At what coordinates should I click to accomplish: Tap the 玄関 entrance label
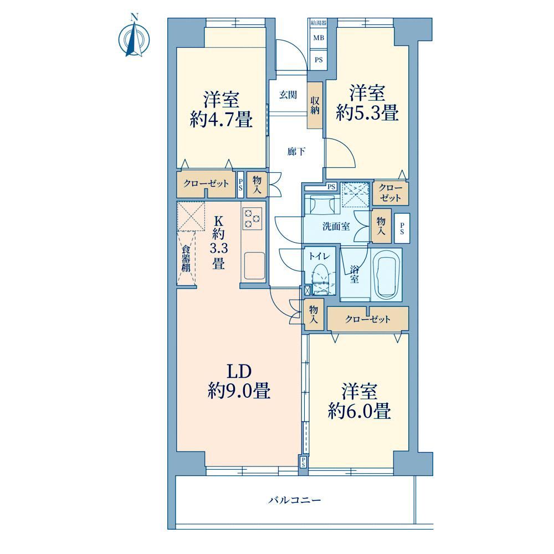[288, 95]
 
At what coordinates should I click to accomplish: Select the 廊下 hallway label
[296, 152]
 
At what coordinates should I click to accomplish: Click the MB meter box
[319, 38]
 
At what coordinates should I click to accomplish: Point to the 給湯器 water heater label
[319, 23]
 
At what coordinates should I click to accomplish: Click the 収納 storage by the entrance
[315, 105]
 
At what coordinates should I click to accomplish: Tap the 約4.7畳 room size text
[221, 119]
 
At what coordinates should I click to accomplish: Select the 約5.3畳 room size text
[367, 112]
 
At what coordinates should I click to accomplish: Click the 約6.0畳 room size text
[360, 411]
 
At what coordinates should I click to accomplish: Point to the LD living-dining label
[239, 371]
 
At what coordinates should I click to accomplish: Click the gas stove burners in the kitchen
[253, 218]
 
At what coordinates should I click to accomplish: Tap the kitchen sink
[253, 266]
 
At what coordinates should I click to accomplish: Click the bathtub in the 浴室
[388, 275]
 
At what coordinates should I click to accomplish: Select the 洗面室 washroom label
[336, 227]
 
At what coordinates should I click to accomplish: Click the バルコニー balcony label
[294, 500]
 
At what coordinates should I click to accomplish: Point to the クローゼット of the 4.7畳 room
[206, 184]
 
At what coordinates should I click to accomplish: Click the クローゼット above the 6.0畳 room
[368, 319]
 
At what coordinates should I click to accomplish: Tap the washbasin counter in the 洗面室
[321, 204]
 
